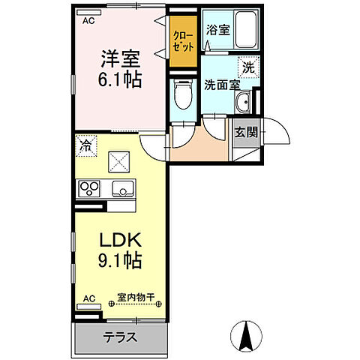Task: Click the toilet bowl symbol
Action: pos(181,96)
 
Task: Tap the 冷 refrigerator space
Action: pos(85,144)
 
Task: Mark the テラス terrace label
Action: pos(119,337)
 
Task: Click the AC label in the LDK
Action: pos(88,298)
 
